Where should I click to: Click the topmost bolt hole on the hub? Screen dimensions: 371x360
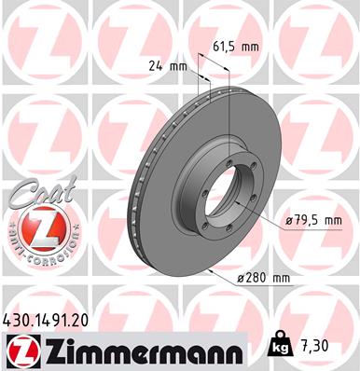pos(225,142)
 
